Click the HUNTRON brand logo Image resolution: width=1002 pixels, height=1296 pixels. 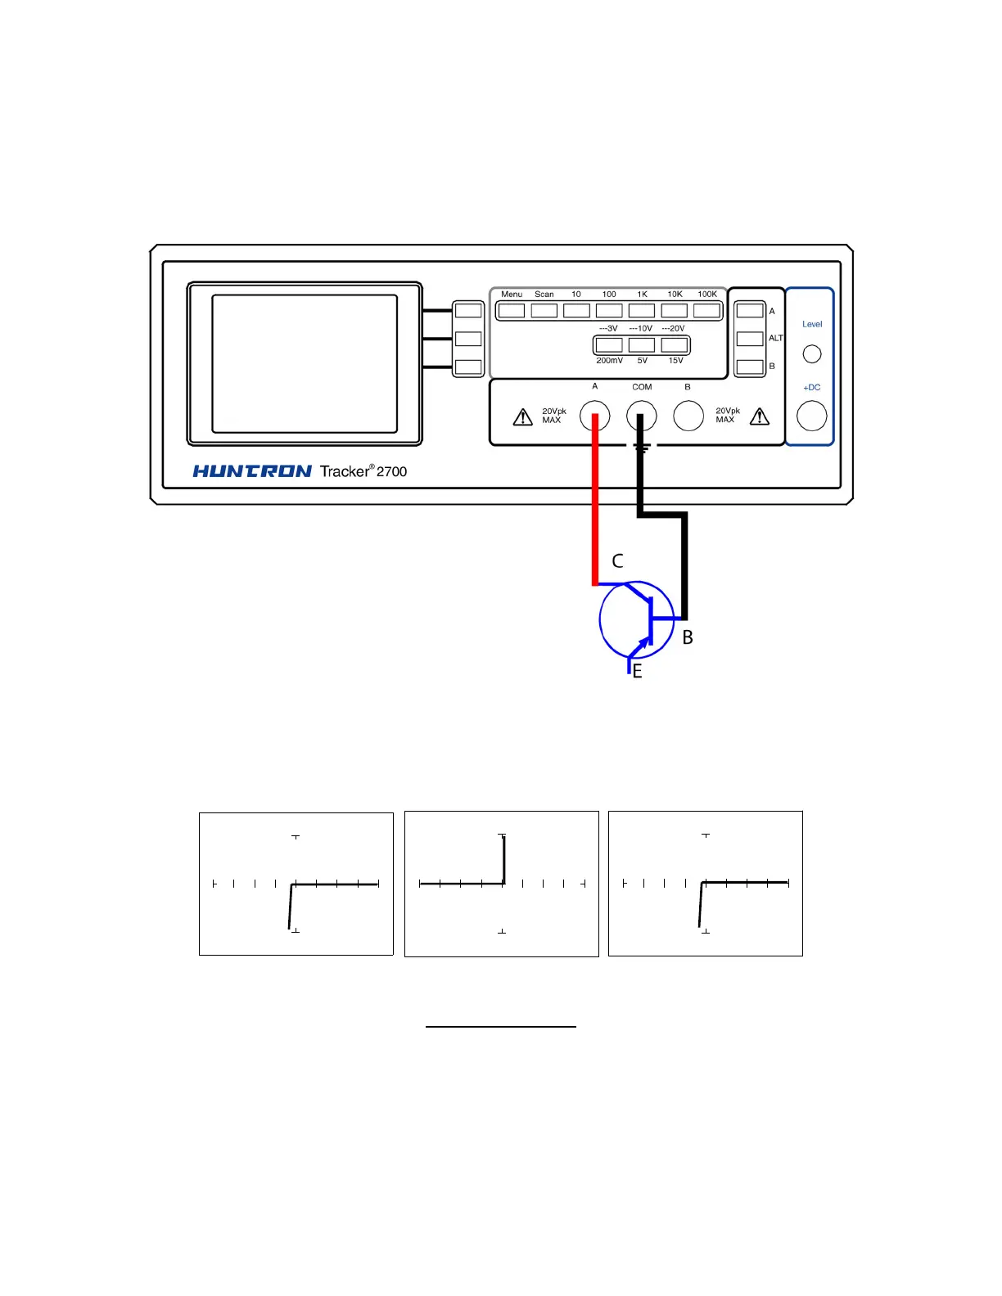[252, 471]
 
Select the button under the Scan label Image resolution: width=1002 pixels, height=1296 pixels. [544, 311]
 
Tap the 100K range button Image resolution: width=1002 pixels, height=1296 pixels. [706, 311]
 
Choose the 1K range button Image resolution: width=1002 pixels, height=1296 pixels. [642, 311]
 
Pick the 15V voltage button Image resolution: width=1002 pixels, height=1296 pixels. [675, 345]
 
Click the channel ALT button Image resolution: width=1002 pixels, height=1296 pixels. [750, 339]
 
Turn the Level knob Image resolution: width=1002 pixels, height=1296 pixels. [812, 354]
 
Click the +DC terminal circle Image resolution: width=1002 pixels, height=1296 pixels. [812, 416]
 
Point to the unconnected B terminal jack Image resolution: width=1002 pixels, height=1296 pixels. [688, 416]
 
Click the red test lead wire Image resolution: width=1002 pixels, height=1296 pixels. [595, 507]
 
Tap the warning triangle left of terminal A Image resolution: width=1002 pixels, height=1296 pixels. [522, 417]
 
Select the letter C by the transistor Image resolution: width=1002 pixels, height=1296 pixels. [618, 561]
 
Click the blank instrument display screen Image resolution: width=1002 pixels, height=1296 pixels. [305, 363]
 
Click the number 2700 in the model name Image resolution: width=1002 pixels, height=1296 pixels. [391, 471]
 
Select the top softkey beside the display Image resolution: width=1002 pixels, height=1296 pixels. [468, 311]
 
